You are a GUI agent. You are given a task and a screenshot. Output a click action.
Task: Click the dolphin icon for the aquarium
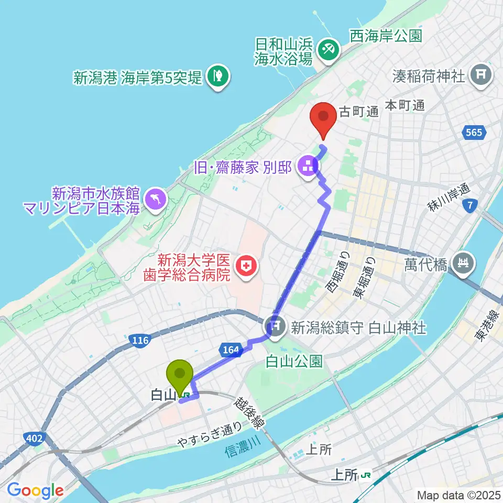(156, 199)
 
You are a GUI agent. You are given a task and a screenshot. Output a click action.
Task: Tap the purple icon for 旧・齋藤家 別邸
(307, 168)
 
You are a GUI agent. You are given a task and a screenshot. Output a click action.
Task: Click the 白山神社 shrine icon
(276, 328)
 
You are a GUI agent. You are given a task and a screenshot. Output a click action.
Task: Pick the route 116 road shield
(139, 341)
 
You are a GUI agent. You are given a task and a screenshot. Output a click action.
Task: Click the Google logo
(35, 490)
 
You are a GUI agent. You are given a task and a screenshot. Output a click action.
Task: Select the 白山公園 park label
(294, 362)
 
